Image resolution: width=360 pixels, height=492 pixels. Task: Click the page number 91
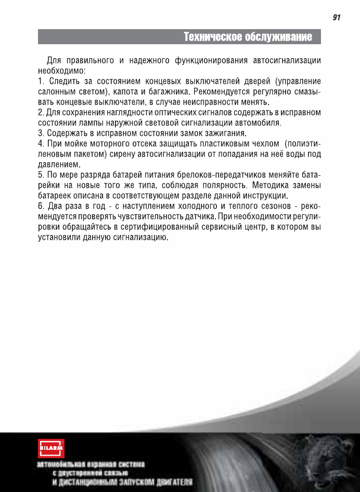(336, 18)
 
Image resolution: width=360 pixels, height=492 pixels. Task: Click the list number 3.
(41, 133)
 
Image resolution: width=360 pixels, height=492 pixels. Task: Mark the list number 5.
(41, 175)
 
